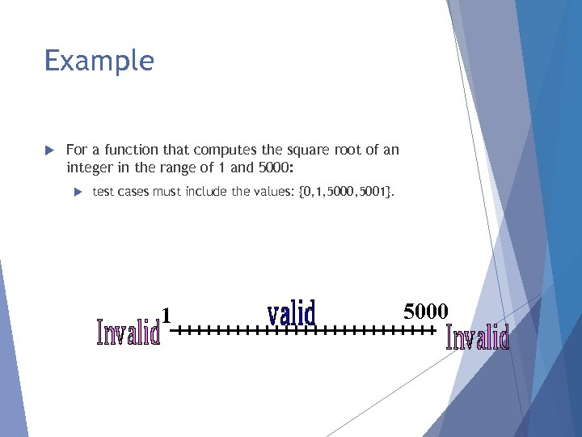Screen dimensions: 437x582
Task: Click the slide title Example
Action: pos(99,62)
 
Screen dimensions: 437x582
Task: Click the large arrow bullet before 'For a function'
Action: pos(48,151)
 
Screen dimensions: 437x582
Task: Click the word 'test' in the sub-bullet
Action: pos(104,192)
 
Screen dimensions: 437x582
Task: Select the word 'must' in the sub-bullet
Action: pos(167,192)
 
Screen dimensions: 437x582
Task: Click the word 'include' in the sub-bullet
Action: pos(205,192)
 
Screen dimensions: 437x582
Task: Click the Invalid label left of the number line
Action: pos(128,331)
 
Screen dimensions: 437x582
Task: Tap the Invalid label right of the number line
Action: pos(478,337)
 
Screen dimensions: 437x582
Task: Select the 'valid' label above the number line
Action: pos(291,312)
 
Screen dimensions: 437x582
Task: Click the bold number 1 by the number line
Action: pos(167,314)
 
